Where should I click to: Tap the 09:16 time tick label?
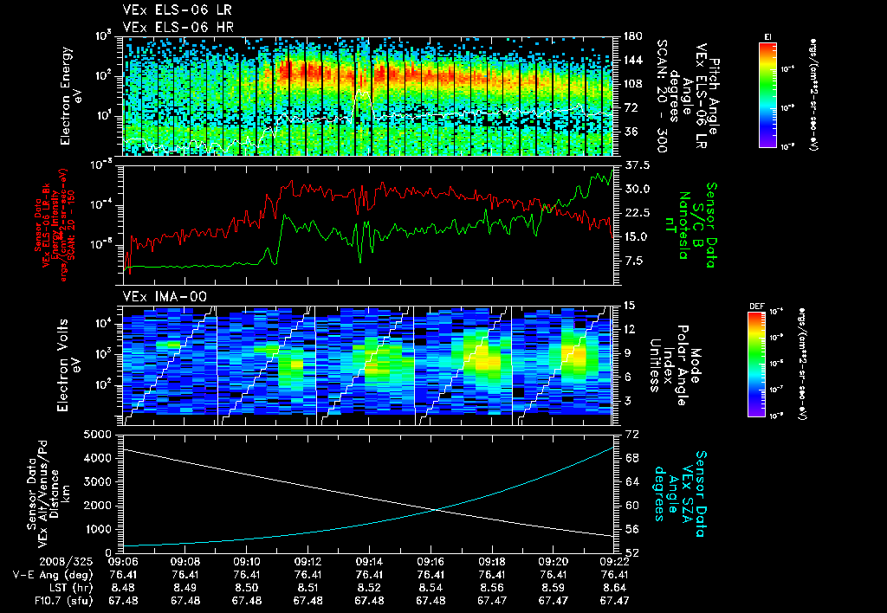click(431, 561)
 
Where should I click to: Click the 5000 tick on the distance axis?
click(103, 433)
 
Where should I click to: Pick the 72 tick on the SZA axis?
click(631, 432)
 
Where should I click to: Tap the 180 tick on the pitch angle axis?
click(632, 36)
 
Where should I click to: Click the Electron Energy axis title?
click(71, 96)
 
